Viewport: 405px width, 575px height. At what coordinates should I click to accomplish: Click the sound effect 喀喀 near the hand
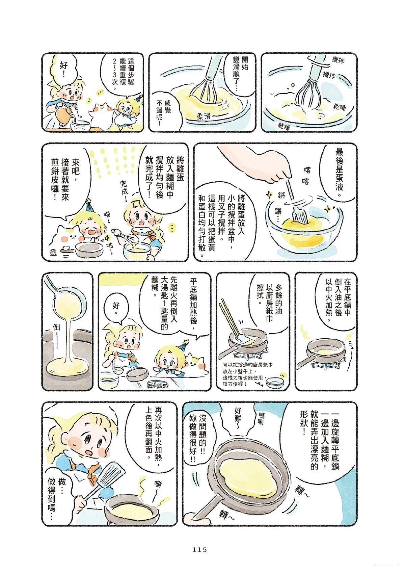[306, 176]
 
